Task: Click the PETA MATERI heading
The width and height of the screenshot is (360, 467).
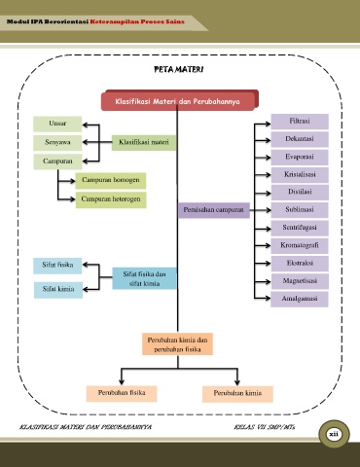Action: coord(179,69)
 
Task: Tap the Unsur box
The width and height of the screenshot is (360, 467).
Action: coord(57,124)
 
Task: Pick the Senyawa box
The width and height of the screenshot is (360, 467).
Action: coord(57,142)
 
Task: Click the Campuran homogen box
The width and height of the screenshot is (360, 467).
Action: coord(111,180)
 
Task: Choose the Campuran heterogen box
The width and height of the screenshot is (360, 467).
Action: coord(111,199)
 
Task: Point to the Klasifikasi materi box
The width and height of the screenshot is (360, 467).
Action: coord(144,142)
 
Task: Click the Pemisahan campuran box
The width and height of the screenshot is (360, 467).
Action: coord(213,210)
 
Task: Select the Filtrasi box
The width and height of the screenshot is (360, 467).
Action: coord(300,122)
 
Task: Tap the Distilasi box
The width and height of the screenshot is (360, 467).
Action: coord(300,192)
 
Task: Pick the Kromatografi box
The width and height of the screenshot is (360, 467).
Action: coord(300,245)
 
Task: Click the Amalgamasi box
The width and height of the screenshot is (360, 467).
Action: coord(300,299)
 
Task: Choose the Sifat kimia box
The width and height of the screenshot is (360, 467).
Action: coord(58,290)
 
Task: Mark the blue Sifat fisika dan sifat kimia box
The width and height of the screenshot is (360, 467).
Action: coord(144,278)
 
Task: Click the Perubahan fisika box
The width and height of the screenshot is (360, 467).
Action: coord(122,393)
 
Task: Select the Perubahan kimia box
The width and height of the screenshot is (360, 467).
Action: coord(237,394)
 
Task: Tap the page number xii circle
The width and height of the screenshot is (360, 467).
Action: coord(334,434)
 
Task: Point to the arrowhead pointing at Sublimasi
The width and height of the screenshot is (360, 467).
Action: coord(268,210)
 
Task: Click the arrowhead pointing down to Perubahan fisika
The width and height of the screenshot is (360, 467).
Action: coord(122,381)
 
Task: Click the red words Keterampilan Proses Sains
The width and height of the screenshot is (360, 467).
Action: coord(137,21)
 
